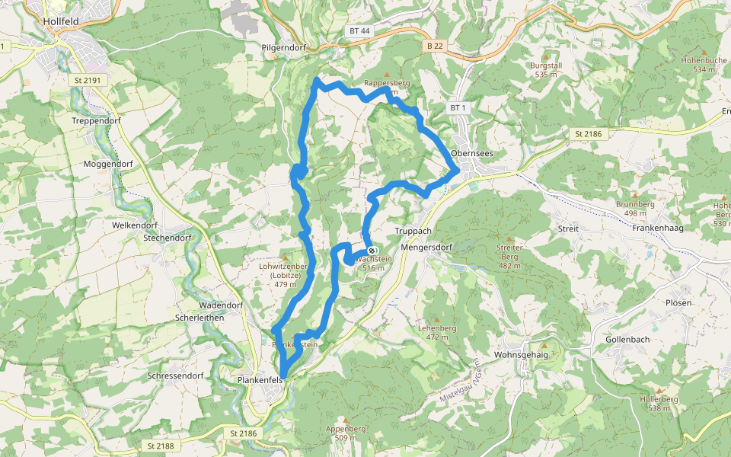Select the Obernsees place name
point(472,153)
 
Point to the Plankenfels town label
point(260,379)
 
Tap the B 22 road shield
point(435,46)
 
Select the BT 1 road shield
point(457,108)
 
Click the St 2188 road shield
point(161,445)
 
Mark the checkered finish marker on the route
point(372,250)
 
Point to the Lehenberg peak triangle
point(437,318)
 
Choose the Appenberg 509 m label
point(346,433)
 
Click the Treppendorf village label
point(96,120)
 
